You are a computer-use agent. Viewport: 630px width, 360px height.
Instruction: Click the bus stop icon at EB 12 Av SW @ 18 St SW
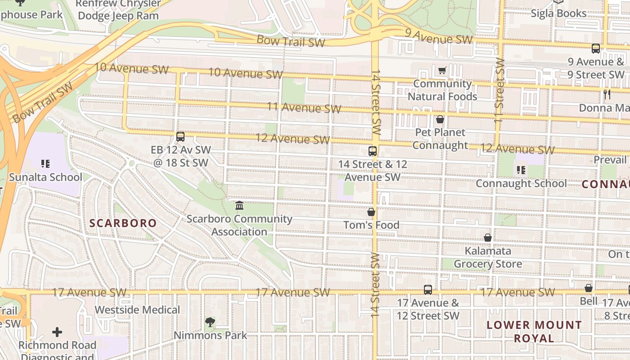180,137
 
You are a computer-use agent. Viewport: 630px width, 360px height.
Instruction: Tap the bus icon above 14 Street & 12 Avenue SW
372,151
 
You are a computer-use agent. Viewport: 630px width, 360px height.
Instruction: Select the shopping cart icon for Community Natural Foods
442,70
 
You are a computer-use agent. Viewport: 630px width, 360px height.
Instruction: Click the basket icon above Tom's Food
371,212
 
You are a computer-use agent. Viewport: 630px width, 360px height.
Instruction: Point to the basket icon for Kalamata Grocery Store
488,238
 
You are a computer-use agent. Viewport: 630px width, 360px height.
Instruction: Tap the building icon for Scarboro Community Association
239,206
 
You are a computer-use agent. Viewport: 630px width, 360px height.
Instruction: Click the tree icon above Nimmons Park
210,322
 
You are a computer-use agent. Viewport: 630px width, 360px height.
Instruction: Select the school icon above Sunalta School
45,164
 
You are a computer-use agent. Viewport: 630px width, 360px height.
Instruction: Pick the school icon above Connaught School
521,170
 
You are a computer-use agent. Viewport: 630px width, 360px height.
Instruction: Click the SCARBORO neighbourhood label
123,223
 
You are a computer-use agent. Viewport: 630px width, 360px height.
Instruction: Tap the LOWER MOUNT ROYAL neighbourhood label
534,331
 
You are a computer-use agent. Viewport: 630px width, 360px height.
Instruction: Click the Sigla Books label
558,13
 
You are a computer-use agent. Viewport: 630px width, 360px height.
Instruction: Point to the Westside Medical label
137,310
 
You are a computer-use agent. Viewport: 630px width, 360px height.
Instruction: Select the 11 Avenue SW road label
304,108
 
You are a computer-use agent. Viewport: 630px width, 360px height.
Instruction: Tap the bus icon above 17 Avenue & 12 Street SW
427,290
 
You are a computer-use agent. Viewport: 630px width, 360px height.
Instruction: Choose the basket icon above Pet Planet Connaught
440,119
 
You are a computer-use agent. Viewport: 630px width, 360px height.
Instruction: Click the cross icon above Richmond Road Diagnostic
57,333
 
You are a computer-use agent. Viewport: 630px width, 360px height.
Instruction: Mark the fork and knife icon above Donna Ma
607,94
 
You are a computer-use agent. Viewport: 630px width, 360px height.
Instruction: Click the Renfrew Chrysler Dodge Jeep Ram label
118,9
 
